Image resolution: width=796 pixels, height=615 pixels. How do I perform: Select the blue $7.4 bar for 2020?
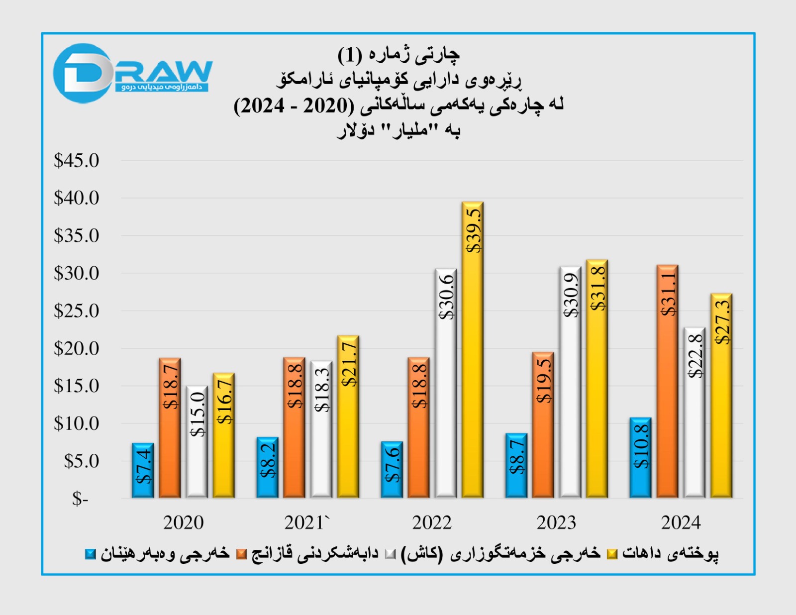[x=143, y=470]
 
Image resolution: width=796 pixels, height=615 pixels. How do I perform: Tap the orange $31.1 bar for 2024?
[x=667, y=382]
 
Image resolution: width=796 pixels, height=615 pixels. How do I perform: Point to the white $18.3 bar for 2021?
[x=321, y=429]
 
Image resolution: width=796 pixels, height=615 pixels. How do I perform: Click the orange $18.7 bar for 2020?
[x=170, y=428]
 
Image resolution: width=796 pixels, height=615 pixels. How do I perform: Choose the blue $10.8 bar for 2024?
[x=640, y=458]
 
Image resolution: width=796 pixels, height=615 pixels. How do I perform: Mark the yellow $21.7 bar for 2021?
[x=348, y=417]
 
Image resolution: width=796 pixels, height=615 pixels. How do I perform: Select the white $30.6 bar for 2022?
[x=446, y=384]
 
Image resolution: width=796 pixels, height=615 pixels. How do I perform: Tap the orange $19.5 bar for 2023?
[x=543, y=425]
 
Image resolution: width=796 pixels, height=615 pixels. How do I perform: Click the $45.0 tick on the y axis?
[x=77, y=161]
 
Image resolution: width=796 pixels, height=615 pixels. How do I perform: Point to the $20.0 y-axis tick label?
[x=77, y=348]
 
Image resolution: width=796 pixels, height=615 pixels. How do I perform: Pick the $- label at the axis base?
[x=80, y=499]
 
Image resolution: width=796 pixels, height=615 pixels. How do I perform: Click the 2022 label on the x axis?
[x=432, y=522]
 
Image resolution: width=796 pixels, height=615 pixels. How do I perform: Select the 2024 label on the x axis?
[x=681, y=522]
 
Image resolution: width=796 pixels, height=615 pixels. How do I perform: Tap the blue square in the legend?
[x=91, y=554]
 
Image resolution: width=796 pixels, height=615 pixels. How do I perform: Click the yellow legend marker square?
[x=612, y=554]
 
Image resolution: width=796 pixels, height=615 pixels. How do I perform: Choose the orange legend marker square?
[x=242, y=554]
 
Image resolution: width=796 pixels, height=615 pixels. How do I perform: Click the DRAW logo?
[x=133, y=74]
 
